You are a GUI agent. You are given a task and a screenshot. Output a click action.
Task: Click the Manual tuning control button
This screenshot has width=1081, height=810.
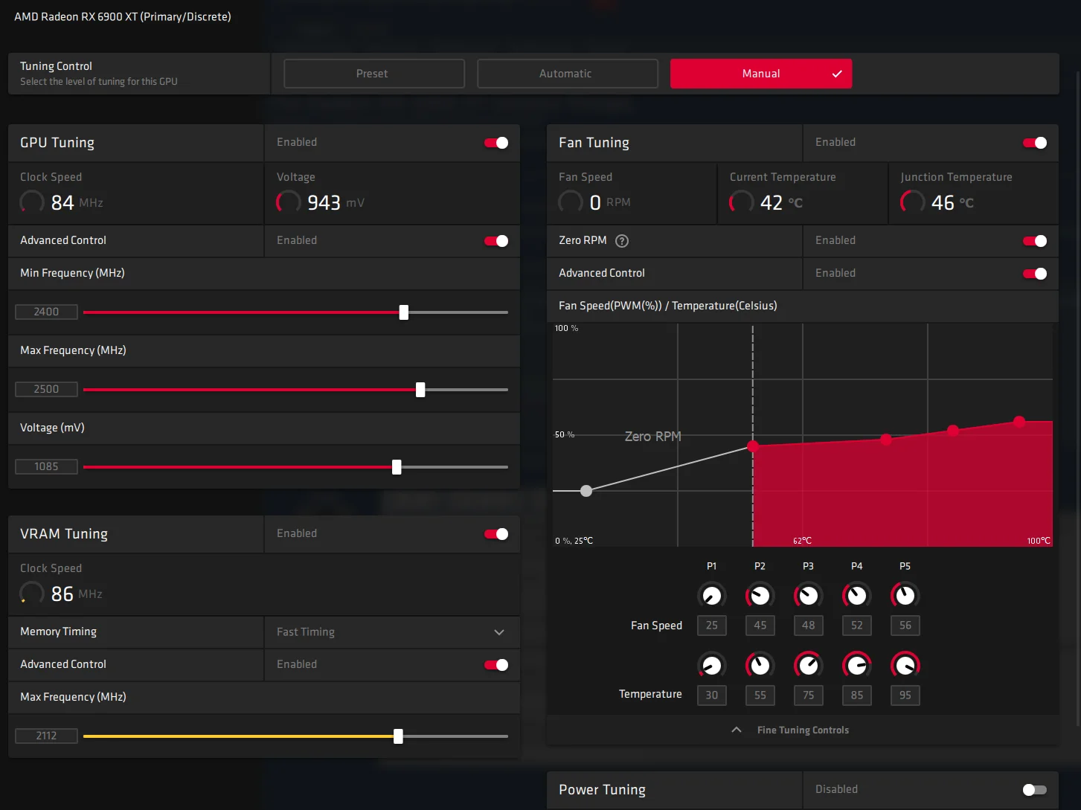[761, 74]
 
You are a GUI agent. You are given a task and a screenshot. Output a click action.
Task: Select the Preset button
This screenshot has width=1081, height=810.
[373, 74]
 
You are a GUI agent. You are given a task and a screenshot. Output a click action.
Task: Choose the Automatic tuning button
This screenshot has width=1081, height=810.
[568, 74]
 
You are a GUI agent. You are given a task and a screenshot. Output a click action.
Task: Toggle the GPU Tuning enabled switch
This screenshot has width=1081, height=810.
[496, 143]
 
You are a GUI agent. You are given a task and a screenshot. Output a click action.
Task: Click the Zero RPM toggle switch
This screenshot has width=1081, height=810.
[1035, 241]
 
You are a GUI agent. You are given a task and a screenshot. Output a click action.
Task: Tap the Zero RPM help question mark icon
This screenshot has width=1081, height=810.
[622, 241]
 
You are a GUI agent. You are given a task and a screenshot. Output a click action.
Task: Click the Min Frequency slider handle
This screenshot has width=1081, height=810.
[404, 312]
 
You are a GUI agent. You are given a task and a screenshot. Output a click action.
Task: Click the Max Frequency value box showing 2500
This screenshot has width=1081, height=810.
[46, 389]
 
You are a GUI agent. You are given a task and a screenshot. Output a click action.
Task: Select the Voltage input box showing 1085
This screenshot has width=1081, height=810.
[46, 466]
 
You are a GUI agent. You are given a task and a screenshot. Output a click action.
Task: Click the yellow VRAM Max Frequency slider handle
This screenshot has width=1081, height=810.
[399, 736]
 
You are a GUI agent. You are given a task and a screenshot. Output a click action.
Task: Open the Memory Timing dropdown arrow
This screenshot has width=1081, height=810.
[499, 632]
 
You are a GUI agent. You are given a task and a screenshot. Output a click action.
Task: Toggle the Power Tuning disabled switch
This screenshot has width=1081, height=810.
[1035, 790]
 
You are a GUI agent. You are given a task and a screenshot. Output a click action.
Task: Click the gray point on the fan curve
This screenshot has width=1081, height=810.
[586, 491]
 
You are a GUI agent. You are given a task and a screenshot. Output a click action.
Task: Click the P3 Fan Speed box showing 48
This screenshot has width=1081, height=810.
[808, 626]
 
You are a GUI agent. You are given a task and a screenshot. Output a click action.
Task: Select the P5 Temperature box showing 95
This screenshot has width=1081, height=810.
[905, 695]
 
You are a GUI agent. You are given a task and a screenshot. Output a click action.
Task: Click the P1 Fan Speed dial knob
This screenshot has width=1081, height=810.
[712, 595]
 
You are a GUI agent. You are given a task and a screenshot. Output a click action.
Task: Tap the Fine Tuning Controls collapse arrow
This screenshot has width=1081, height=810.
[737, 730]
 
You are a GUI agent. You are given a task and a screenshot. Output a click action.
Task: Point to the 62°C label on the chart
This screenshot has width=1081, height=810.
[802, 541]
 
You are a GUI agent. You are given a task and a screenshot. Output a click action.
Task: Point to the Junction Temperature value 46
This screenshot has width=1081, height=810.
[943, 202]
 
